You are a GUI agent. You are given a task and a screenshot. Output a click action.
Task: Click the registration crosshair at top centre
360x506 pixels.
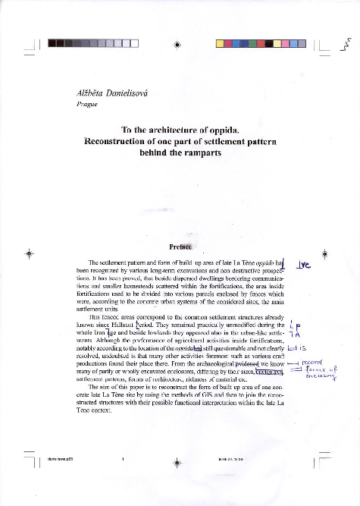pos(177,44)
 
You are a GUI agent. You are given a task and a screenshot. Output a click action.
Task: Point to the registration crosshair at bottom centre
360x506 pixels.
pos(177,460)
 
